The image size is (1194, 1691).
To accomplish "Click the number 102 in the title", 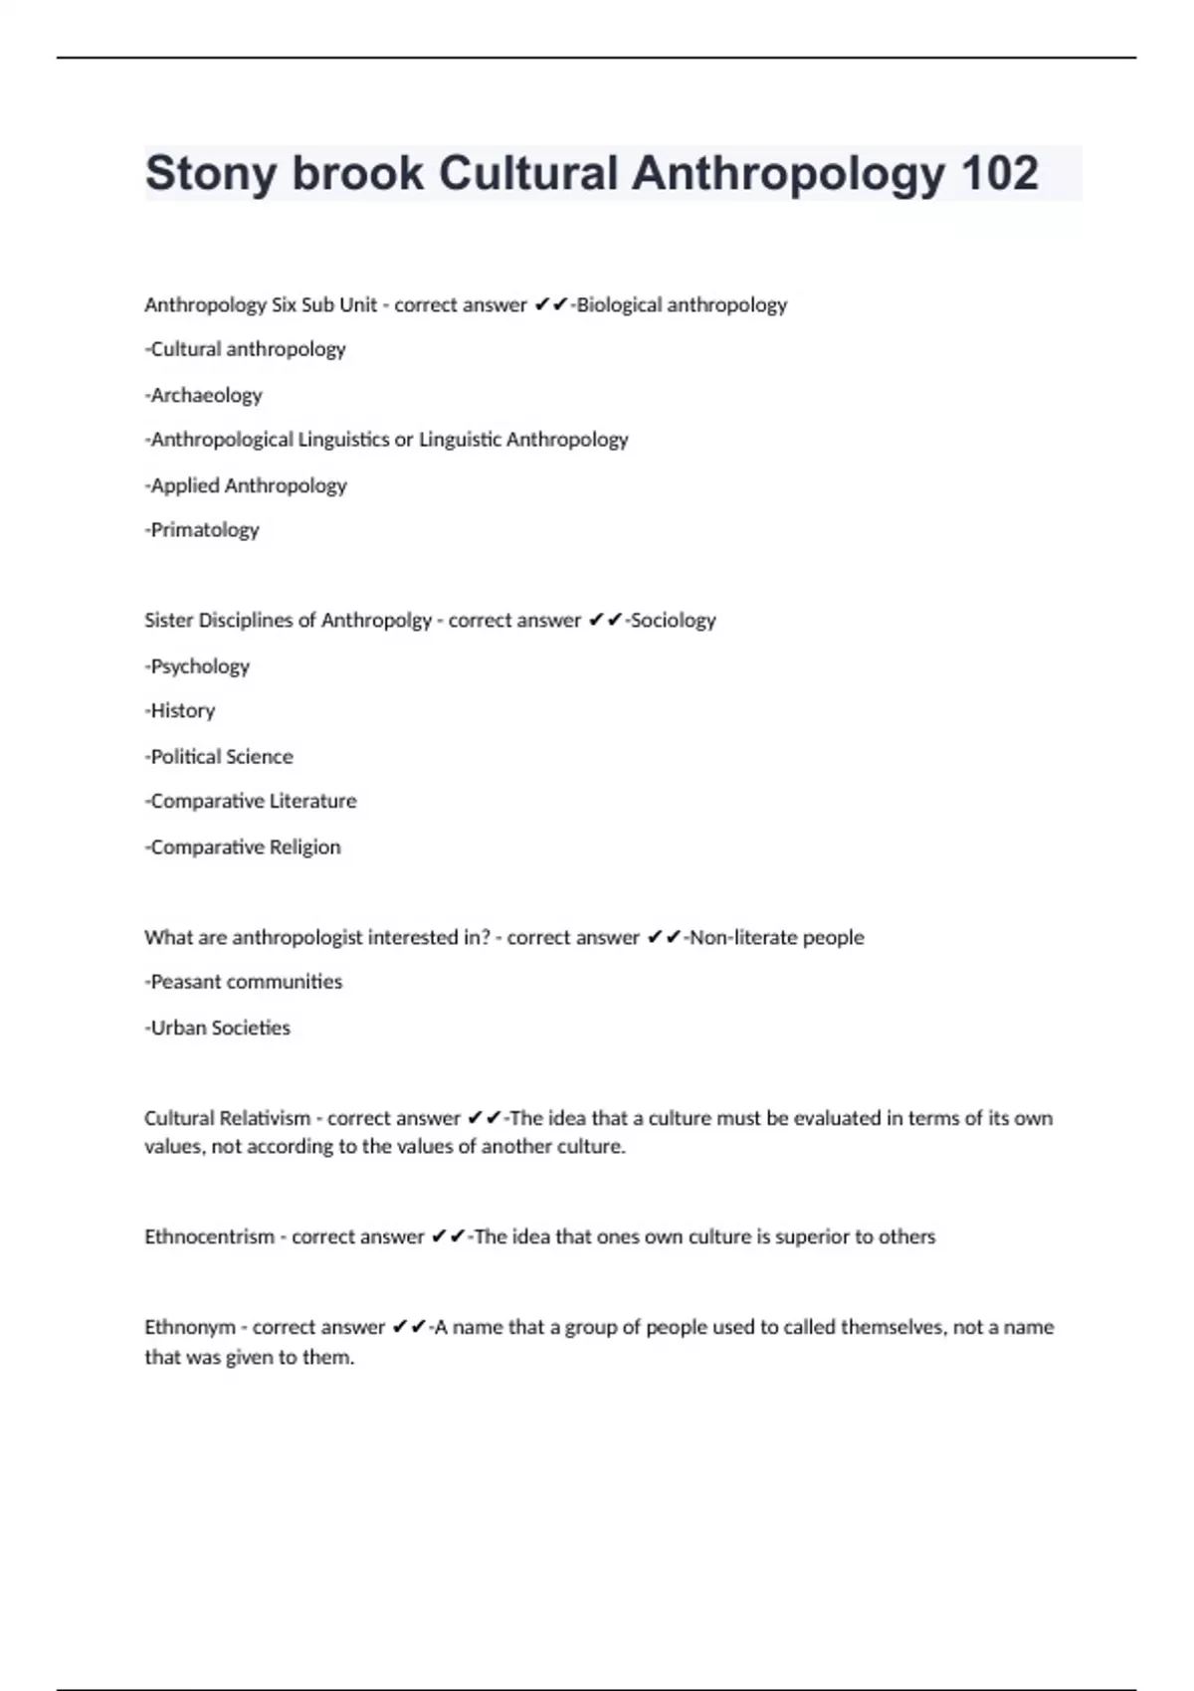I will point(999,173).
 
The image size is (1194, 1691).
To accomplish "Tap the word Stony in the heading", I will point(210,173).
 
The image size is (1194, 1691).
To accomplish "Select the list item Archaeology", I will point(204,395).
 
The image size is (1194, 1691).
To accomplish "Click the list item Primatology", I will point(202,529).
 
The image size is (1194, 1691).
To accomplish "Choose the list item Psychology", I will point(197,665).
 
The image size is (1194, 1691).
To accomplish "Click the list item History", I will point(180,710).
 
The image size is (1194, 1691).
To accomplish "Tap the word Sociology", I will point(673,620).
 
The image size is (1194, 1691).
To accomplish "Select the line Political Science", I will point(219,756).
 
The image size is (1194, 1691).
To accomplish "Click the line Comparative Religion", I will point(243,846).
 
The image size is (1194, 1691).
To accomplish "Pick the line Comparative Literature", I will point(251,801).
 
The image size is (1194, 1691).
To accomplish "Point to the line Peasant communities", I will point(244,982).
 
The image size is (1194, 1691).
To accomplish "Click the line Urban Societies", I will point(218,1028).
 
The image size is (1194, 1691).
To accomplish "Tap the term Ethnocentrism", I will point(209,1236).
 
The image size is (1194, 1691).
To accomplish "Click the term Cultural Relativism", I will point(227,1118).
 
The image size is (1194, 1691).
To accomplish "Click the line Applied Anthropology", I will point(246,485).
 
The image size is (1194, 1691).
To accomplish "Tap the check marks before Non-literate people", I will point(663,937).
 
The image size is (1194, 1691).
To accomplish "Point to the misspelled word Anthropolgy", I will point(376,620).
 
